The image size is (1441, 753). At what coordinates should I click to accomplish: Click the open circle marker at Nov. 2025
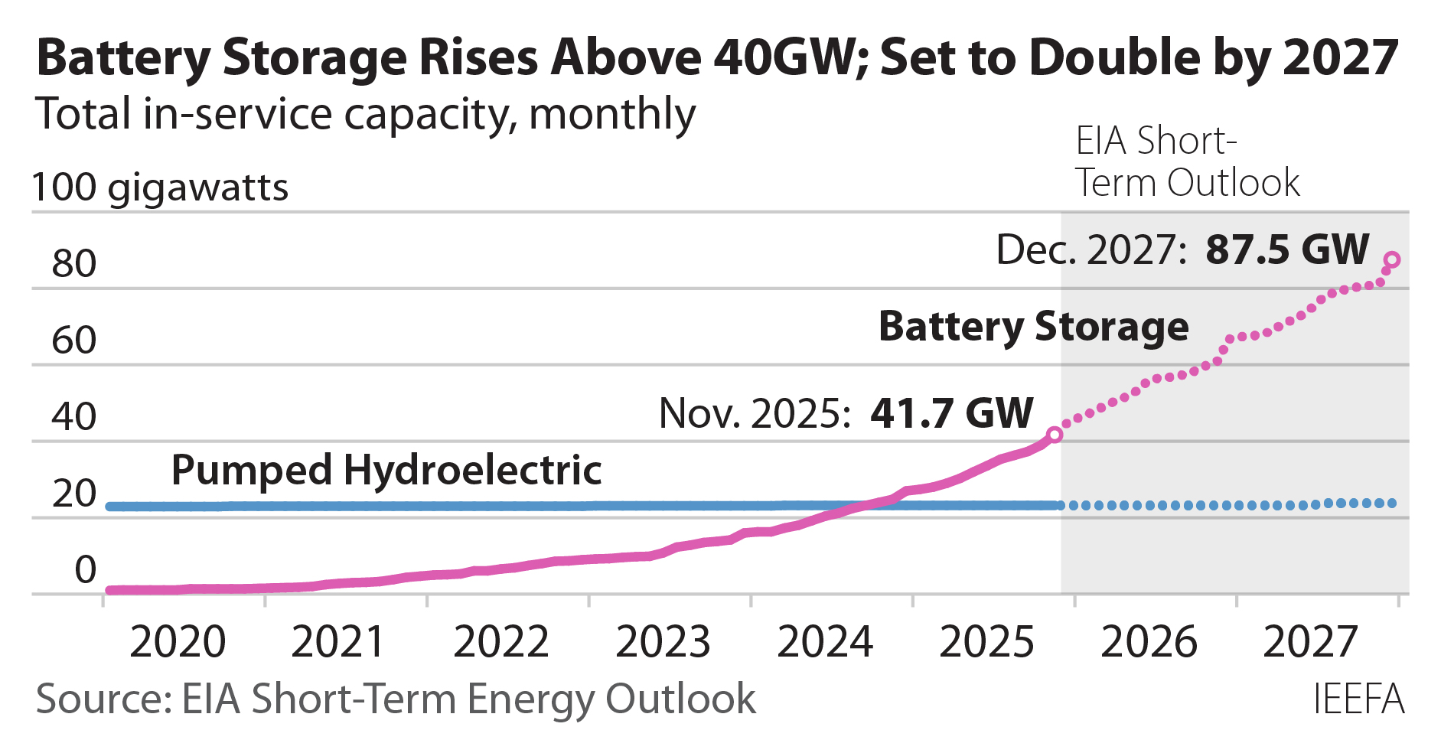click(1054, 435)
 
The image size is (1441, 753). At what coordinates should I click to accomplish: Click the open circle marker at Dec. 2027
click(1392, 260)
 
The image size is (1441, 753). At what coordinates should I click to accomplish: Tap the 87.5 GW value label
click(1287, 249)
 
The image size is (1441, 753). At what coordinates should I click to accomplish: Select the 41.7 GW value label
click(951, 413)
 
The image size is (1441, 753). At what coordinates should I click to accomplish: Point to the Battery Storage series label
click(1033, 327)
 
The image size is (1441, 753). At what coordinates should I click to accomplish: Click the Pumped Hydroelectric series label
click(386, 470)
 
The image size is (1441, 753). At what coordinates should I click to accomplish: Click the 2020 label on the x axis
click(178, 641)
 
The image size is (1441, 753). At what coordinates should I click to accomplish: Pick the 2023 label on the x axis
click(663, 641)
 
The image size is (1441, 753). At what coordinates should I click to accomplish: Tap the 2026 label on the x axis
click(1149, 641)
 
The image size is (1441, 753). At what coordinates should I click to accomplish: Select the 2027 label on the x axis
click(1310, 641)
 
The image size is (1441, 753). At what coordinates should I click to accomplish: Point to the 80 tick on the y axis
click(74, 264)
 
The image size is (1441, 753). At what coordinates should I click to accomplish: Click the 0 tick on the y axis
click(85, 570)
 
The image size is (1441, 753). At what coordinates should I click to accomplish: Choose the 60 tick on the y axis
click(74, 341)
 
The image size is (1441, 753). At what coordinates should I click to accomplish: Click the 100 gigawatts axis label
click(160, 187)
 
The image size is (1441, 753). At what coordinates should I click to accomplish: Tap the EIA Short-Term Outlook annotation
click(1186, 162)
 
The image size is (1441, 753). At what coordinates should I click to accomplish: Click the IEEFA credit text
click(1358, 699)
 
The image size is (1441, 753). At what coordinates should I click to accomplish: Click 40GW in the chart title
click(788, 58)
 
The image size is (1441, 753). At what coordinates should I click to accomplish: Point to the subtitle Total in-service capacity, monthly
click(366, 115)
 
